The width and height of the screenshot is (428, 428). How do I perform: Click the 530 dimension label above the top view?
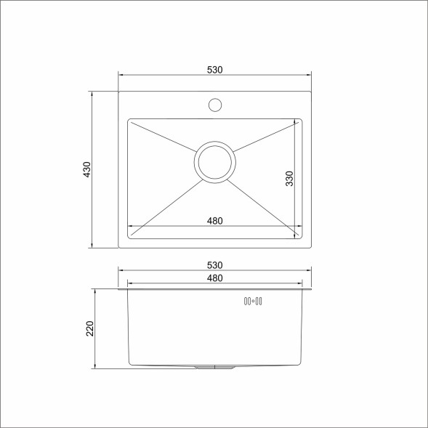click(x=214, y=70)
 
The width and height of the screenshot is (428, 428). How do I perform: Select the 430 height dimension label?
click(x=87, y=169)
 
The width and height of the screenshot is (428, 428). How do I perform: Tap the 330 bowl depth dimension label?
click(x=289, y=179)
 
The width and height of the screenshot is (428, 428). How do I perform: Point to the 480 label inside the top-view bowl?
click(x=214, y=220)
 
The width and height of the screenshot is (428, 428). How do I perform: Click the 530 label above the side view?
click(x=214, y=265)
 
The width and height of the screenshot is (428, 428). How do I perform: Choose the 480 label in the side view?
click(x=214, y=278)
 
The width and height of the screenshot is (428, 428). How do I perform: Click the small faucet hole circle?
click(x=214, y=105)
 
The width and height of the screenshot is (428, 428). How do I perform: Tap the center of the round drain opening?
click(x=214, y=162)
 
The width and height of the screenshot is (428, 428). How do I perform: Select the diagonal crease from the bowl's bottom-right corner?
click(x=266, y=206)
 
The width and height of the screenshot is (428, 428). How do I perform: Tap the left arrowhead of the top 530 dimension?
click(x=121, y=75)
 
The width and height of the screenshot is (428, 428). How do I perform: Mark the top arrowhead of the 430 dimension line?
click(x=92, y=94)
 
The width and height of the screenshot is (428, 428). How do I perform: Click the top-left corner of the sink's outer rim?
click(x=119, y=92)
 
